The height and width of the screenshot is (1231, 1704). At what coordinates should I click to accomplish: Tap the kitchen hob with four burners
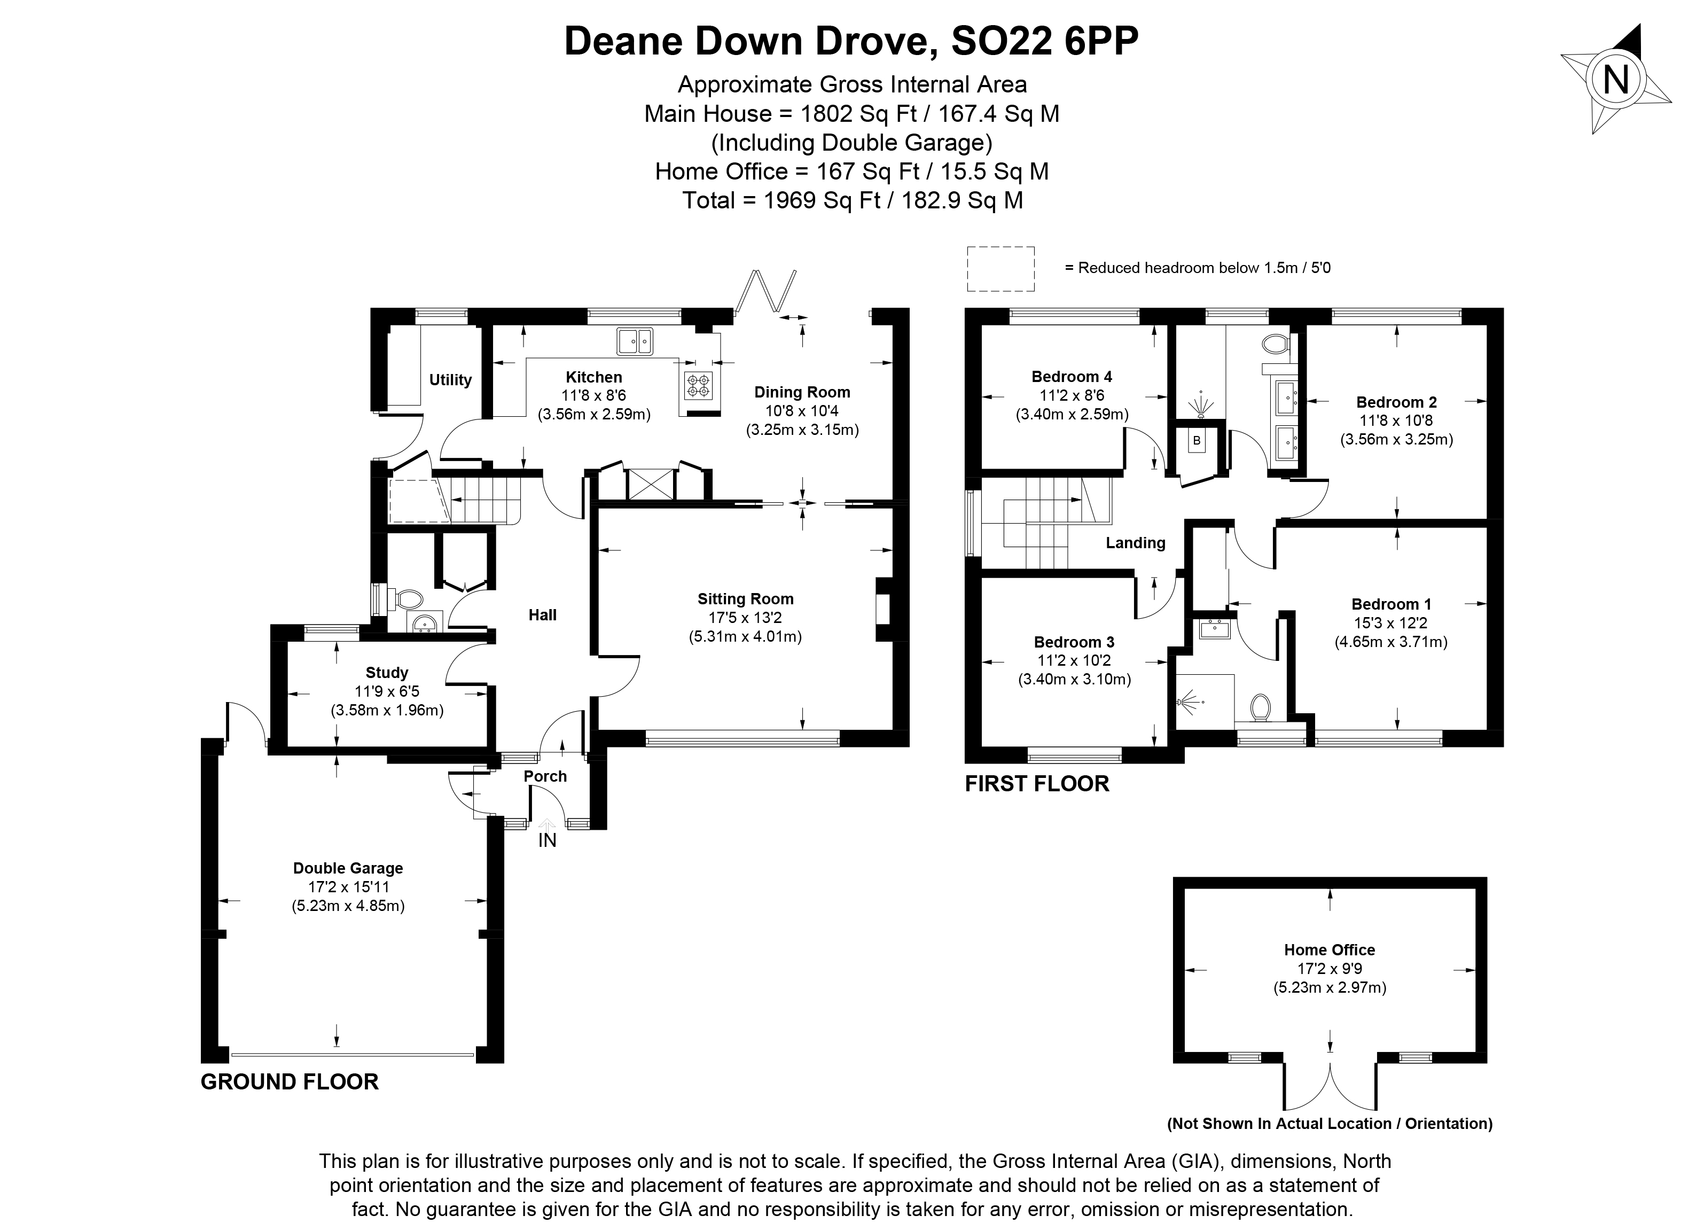tap(697, 386)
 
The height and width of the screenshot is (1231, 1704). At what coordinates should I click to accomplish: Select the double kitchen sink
tap(635, 342)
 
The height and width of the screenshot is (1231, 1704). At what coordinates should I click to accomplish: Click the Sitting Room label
tap(745, 599)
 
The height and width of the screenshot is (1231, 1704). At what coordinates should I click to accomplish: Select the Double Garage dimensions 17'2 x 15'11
tap(348, 887)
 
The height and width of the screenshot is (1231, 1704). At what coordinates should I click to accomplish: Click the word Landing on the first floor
tap(1135, 543)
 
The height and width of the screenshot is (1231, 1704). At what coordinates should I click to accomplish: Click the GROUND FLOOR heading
tap(290, 1081)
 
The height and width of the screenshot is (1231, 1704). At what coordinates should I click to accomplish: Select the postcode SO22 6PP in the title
tap(1044, 41)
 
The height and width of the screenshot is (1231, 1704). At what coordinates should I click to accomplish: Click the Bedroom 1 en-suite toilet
tap(1260, 708)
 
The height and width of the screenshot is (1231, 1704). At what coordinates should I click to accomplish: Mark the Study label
tap(387, 673)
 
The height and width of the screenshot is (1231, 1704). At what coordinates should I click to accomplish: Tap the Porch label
tap(545, 776)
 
